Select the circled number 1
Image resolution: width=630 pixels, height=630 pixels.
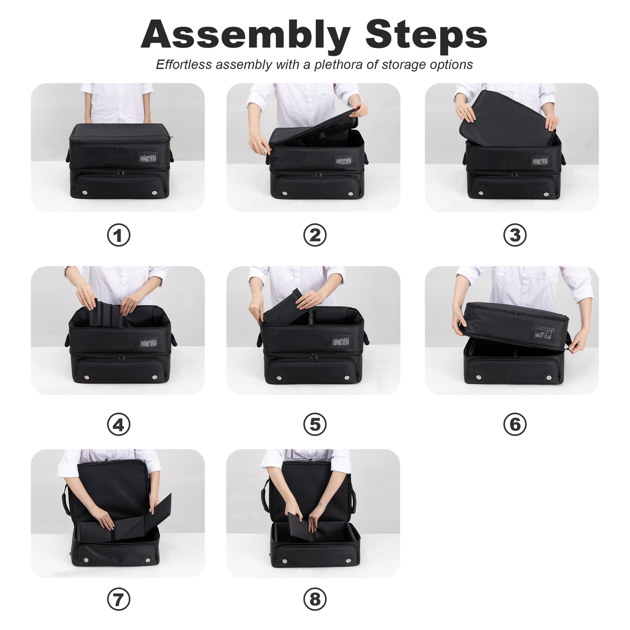118,235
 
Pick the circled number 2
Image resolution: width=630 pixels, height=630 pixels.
314,235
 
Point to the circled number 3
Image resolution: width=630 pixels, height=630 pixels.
514,235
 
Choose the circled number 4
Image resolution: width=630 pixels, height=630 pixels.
118,424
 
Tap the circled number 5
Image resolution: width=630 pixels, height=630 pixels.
314,424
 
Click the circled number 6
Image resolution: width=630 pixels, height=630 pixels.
514,424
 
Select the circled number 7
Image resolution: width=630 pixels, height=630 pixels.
118,599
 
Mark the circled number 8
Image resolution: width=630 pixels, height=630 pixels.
314,599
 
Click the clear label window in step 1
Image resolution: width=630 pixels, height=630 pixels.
148,158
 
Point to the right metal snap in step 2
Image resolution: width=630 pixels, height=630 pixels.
351,194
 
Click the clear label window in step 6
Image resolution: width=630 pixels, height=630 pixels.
544,333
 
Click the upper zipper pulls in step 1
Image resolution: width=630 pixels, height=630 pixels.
119,145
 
